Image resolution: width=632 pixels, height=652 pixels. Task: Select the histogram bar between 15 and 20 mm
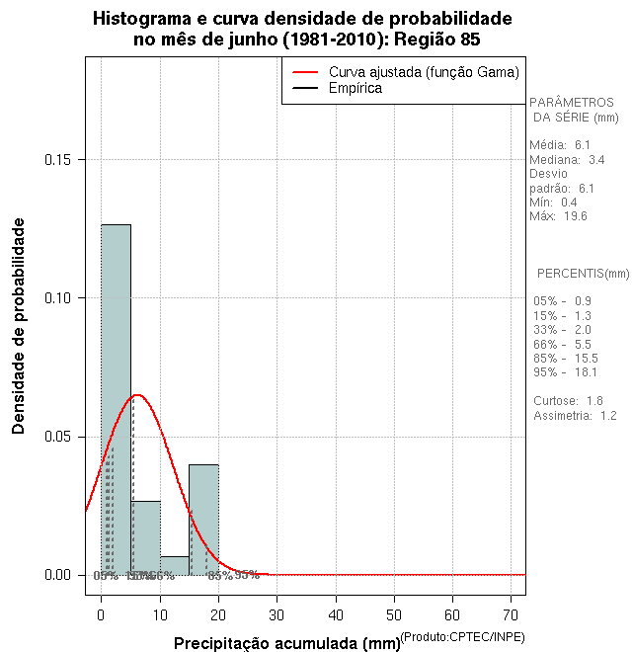pos(203,519)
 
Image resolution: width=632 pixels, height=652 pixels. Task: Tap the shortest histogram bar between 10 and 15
pos(175,566)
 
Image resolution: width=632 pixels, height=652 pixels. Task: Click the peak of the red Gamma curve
pos(137,395)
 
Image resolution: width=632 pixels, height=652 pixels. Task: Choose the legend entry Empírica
pos(355,89)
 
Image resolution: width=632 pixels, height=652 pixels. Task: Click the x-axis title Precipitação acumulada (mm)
pos(280,643)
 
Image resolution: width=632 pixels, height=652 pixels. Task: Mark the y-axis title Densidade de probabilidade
pos(19,326)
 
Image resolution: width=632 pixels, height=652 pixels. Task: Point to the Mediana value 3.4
pos(596,159)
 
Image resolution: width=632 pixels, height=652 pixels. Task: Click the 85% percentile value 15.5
pos(587,358)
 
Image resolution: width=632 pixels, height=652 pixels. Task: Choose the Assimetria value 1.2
pos(607,416)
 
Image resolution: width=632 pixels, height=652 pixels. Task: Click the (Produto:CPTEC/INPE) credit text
pos(463,635)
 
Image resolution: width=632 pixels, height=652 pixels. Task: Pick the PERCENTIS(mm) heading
pos(583,273)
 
